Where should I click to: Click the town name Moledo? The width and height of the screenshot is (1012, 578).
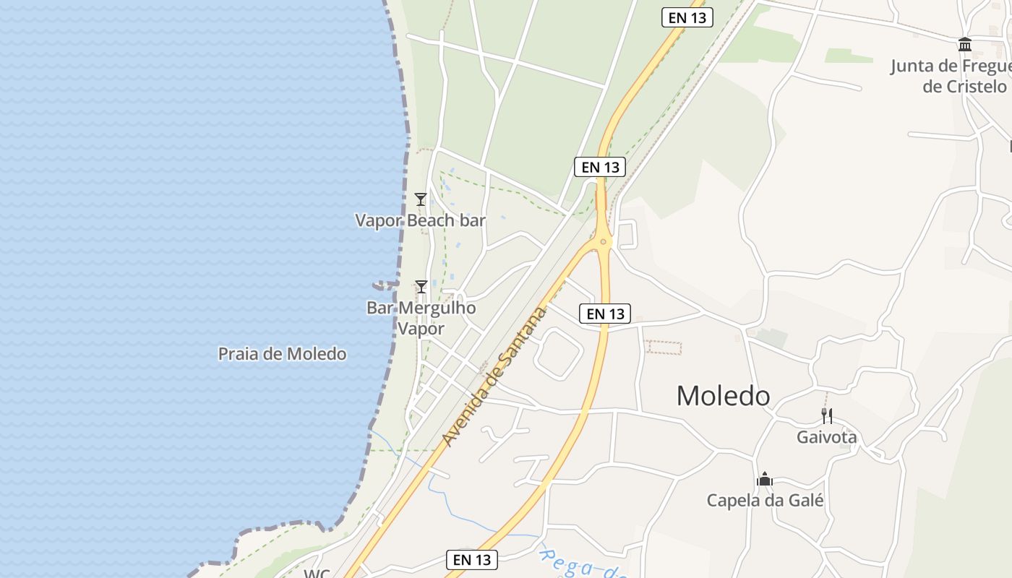tap(723, 396)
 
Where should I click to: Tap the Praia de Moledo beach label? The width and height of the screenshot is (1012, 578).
tap(282, 354)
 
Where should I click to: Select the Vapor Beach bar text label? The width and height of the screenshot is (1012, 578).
tap(420, 220)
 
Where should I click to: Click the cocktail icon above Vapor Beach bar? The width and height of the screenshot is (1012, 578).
tap(421, 199)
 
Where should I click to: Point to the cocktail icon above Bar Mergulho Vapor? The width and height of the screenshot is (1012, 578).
tap(421, 287)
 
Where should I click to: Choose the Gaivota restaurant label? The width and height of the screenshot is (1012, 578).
tap(826, 437)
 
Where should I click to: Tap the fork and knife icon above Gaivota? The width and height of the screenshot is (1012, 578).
tap(827, 415)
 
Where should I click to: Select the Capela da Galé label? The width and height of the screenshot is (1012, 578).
tap(765, 500)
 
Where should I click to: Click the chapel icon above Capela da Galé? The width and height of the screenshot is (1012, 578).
tap(765, 479)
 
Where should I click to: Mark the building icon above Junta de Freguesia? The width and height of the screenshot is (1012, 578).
tap(965, 45)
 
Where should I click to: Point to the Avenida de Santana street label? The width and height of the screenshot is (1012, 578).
tap(494, 376)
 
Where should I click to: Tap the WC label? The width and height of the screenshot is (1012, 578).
tap(317, 574)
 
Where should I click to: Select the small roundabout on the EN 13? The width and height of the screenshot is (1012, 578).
tap(603, 241)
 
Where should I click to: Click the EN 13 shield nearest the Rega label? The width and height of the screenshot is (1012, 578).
tap(473, 559)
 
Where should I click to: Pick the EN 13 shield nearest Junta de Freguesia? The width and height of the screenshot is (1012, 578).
tap(687, 18)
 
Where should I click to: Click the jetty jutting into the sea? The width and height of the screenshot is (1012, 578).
tap(385, 285)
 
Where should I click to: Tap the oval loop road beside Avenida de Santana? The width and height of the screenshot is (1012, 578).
tap(559, 353)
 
